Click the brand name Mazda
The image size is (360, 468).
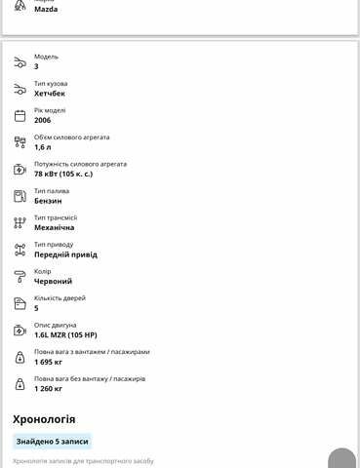click(46, 9)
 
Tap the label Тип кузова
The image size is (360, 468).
click(51, 83)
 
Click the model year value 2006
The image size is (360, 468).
click(43, 120)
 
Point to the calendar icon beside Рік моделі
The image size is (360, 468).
click(20, 115)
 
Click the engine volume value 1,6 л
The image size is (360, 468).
click(44, 146)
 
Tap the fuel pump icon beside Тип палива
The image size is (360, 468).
click(20, 196)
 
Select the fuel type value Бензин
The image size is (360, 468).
click(48, 200)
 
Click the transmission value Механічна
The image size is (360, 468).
click(54, 227)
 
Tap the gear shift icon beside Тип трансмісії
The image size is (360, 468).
click(20, 222)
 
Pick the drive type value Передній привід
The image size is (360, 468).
click(64, 253)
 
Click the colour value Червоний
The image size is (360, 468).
click(53, 281)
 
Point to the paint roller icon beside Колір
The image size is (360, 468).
click(20, 276)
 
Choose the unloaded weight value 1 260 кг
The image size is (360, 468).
click(49, 388)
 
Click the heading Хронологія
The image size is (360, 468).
click(44, 419)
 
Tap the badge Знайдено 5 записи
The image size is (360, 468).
click(52, 441)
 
